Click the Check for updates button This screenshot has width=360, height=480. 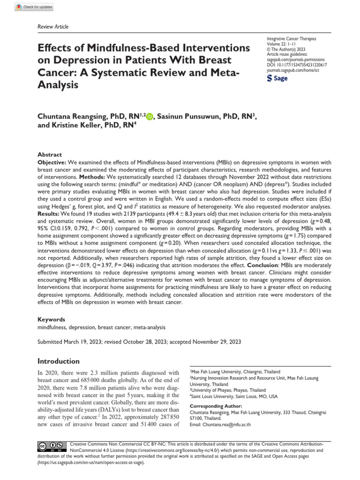34,7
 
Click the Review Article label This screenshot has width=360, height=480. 52,27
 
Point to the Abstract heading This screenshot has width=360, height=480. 50,155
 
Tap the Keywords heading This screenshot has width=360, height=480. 51,319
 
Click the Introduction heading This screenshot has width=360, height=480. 59,361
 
